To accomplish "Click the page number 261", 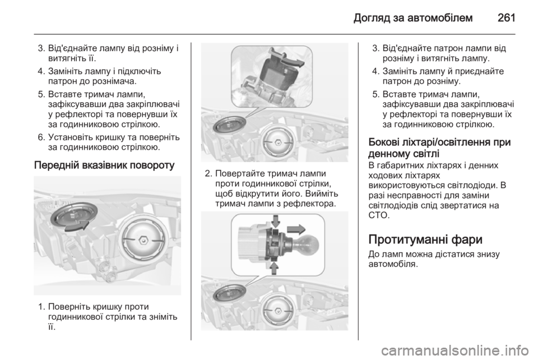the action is pyautogui.click(x=506, y=17).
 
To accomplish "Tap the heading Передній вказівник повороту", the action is pyautogui.click(x=104, y=165).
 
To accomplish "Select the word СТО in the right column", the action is pyautogui.click(x=379, y=216).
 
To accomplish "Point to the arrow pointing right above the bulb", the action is pyautogui.click(x=296, y=229).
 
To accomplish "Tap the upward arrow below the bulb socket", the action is pyautogui.click(x=274, y=268).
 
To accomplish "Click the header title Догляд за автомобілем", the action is pyautogui.click(x=413, y=18).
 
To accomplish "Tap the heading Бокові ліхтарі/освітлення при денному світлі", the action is pyautogui.click(x=439, y=147).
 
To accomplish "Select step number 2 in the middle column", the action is pyautogui.click(x=207, y=174).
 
